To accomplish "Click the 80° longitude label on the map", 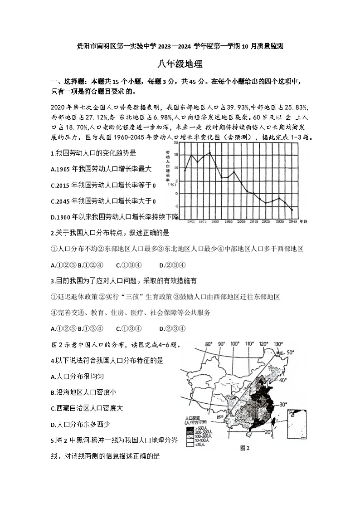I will pos(209,344).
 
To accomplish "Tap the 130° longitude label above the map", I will pos(278,344).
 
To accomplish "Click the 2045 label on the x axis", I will pos(292,221).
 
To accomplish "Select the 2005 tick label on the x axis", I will pos(241,221).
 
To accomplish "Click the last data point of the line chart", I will pos(292,210).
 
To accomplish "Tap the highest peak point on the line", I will pos(209,152).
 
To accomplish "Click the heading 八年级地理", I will pos(180,64).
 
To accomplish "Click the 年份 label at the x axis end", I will pos(303,221).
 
